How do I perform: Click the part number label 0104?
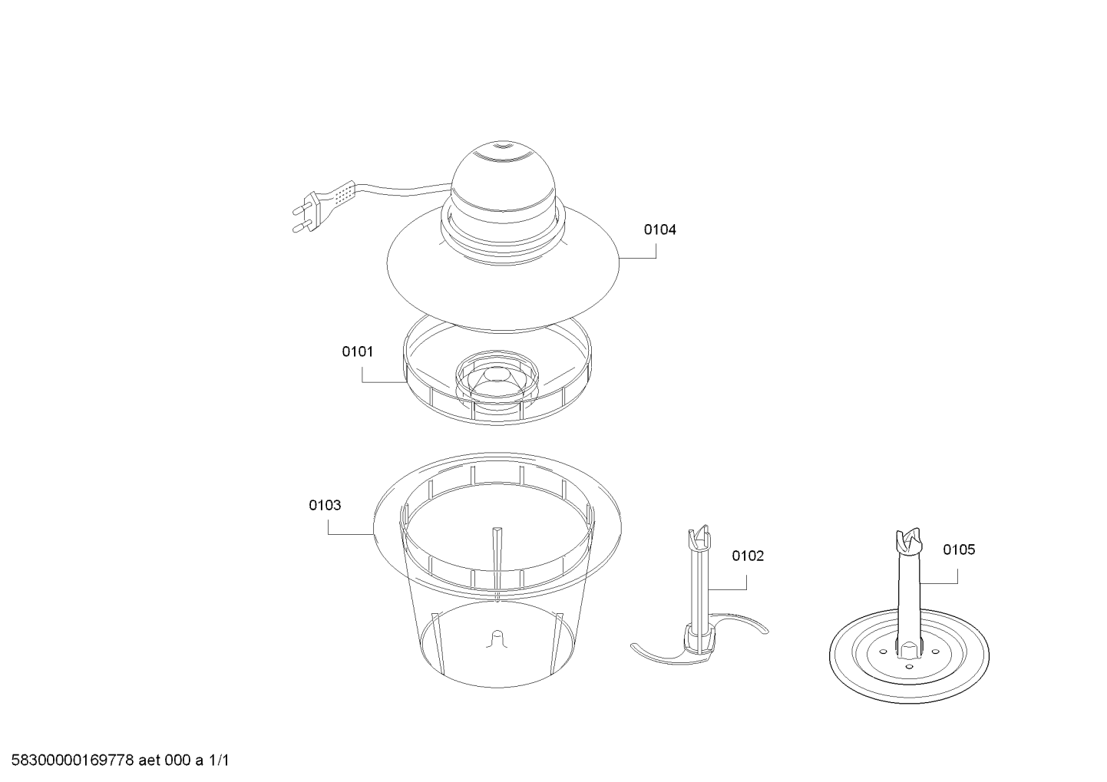click(x=659, y=229)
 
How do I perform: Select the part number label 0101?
click(x=358, y=351)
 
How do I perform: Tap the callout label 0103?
click(x=325, y=506)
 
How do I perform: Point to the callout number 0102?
click(x=748, y=556)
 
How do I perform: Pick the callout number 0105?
click(x=960, y=549)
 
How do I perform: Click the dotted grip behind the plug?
click(x=340, y=195)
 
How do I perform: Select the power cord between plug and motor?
click(x=405, y=190)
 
